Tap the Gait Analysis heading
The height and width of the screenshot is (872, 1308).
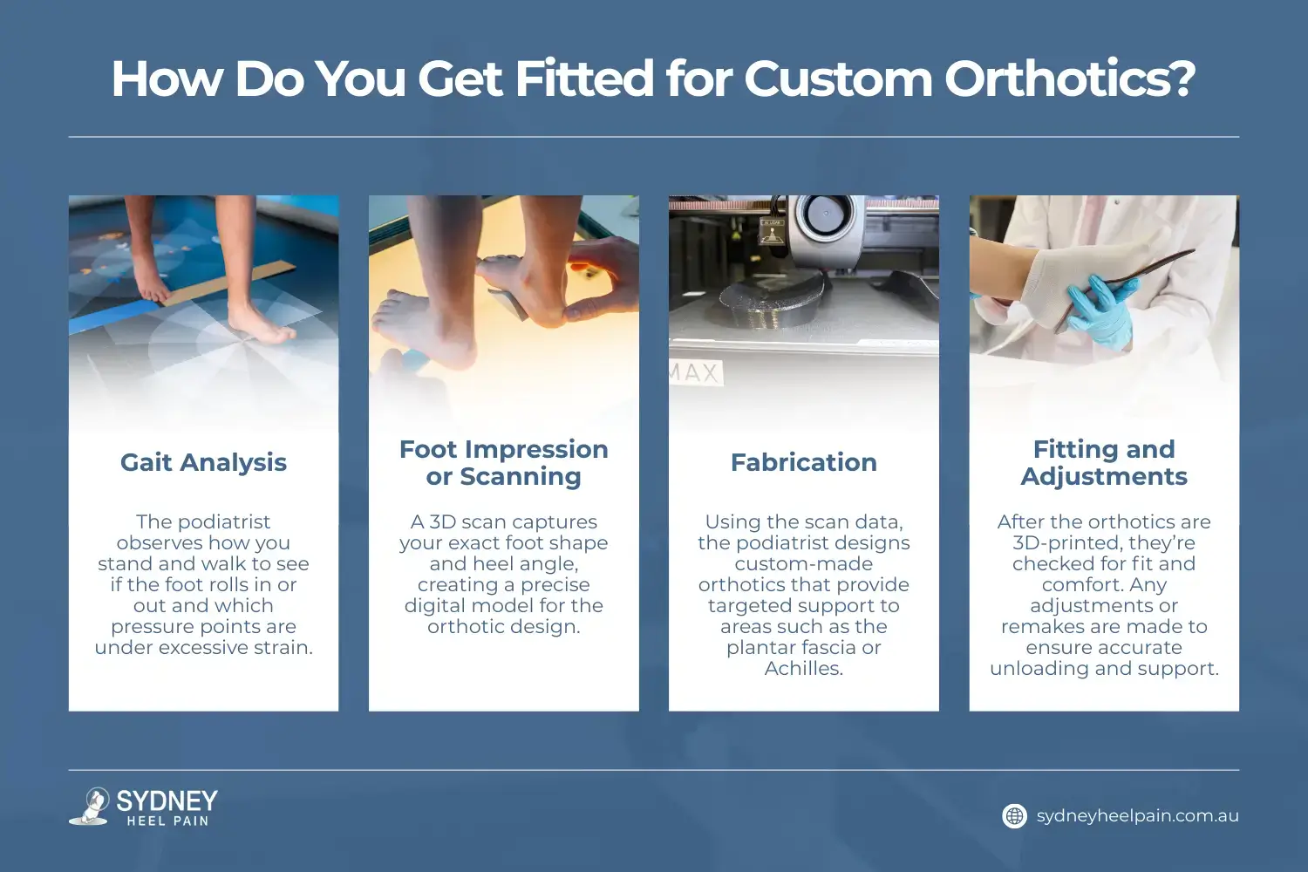pos(203,462)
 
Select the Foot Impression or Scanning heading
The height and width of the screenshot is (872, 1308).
pos(503,462)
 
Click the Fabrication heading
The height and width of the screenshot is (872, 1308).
pos(803,462)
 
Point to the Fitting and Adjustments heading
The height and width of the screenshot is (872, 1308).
pos(1104,462)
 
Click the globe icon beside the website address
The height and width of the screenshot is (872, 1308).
pos(1015,816)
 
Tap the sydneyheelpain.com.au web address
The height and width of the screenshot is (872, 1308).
pos(1137,816)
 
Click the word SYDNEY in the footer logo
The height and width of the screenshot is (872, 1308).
pos(167,800)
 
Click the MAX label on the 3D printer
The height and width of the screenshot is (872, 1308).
pos(695,372)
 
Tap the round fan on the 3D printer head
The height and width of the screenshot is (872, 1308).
pos(825,214)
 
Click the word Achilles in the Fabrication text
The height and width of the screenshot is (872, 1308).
pos(803,668)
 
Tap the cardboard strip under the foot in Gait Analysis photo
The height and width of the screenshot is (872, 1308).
pos(227,284)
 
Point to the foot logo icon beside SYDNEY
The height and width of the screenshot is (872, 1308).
pos(90,806)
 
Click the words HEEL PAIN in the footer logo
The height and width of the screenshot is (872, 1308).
pos(167,821)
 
